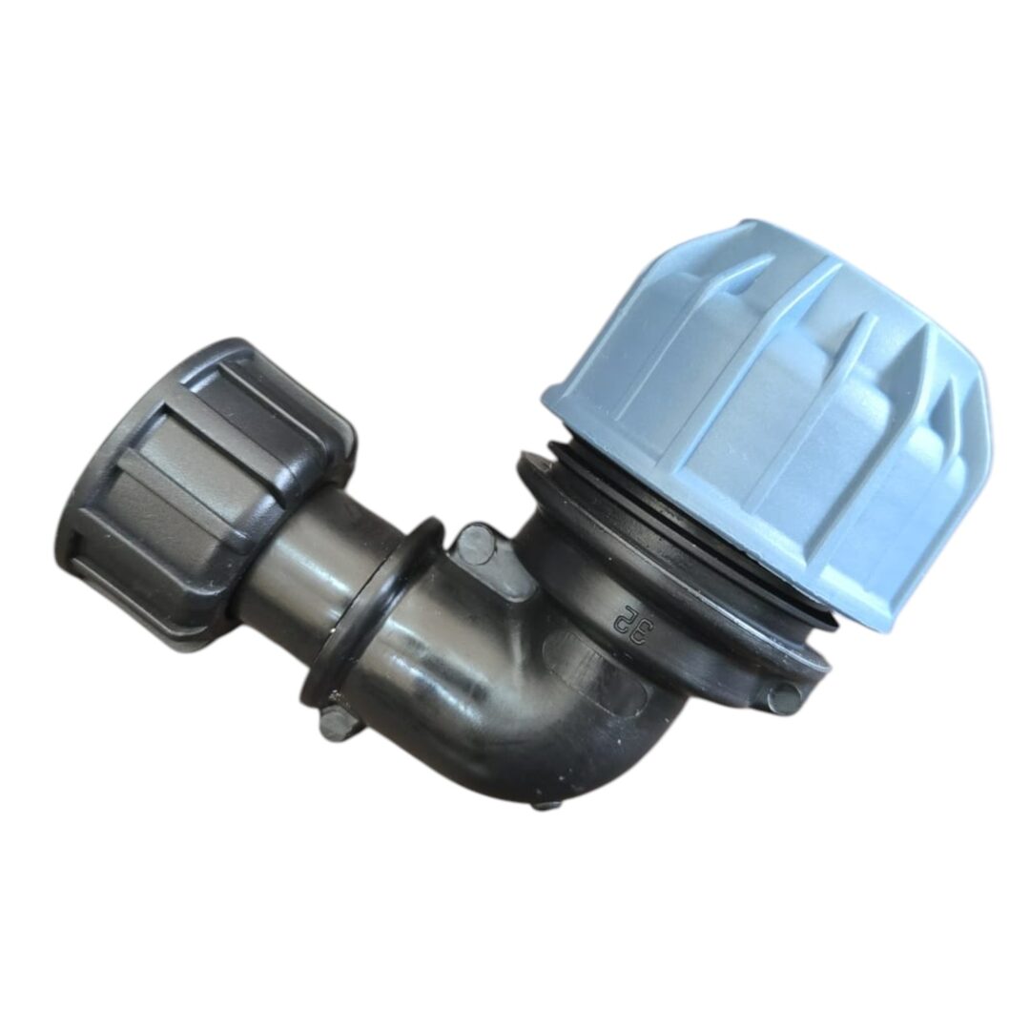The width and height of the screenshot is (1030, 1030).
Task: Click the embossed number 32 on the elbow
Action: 628,622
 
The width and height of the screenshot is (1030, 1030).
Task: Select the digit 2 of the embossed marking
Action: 620,611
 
